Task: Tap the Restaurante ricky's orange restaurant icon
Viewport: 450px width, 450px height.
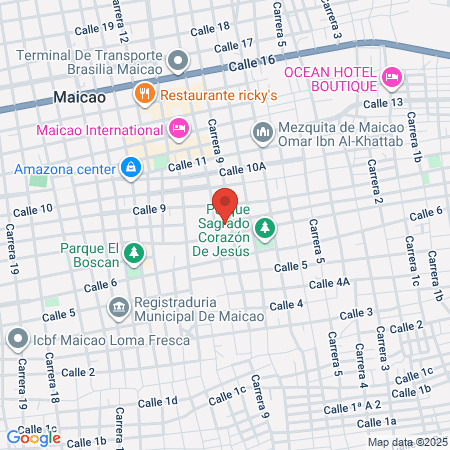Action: pyautogui.click(x=143, y=94)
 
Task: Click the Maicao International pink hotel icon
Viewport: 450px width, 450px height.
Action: pyautogui.click(x=179, y=128)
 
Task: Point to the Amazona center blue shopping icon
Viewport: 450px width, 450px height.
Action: pyautogui.click(x=131, y=166)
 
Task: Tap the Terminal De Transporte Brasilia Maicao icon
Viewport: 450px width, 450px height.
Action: pyautogui.click(x=179, y=61)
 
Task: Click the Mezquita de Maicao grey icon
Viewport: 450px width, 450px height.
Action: pyautogui.click(x=263, y=132)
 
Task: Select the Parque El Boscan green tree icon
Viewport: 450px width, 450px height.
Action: pyautogui.click(x=133, y=255)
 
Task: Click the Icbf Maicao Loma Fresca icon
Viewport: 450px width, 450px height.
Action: pyautogui.click(x=16, y=339)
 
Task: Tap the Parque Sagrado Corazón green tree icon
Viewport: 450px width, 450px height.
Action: pyautogui.click(x=265, y=229)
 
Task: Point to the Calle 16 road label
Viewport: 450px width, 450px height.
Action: pyautogui.click(x=251, y=63)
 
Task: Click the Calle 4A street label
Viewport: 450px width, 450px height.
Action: pyautogui.click(x=329, y=284)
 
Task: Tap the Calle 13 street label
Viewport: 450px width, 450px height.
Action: pyautogui.click(x=383, y=103)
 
